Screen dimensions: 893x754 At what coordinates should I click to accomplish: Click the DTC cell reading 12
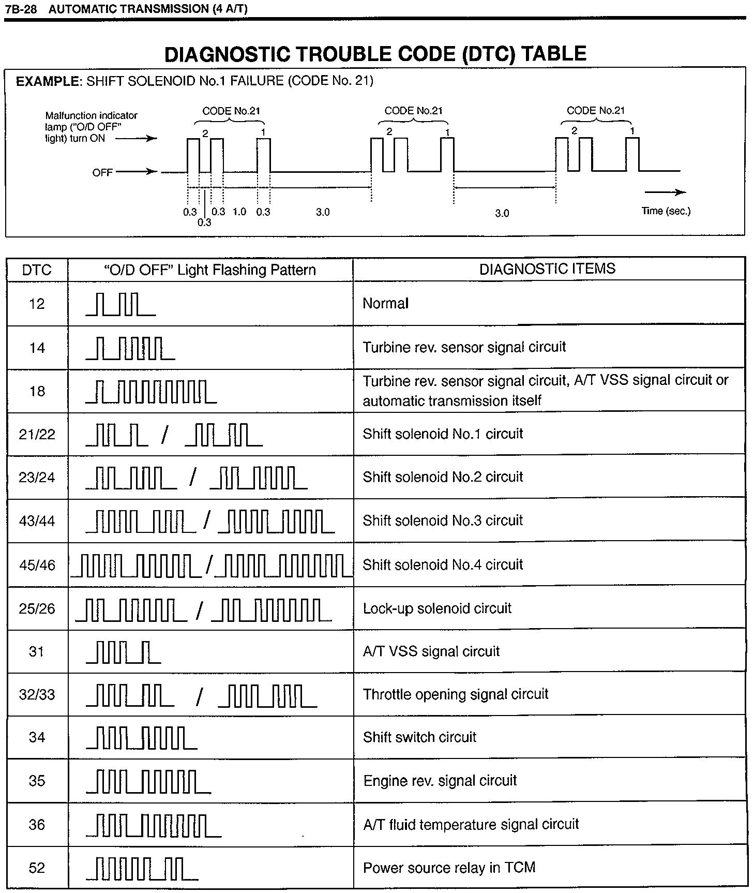click(37, 304)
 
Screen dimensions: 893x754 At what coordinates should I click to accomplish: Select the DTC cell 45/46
click(37, 565)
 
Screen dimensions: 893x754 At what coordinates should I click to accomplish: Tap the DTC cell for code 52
click(37, 868)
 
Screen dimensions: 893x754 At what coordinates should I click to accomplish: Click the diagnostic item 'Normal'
click(385, 303)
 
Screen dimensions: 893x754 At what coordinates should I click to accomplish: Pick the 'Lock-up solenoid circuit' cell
click(437, 608)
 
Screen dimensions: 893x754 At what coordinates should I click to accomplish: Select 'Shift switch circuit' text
click(419, 737)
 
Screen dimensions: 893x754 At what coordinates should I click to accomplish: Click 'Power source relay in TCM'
click(449, 868)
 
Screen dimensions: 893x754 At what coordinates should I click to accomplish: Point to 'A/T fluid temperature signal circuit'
click(471, 824)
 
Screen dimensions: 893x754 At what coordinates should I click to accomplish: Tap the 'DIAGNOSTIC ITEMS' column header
click(547, 269)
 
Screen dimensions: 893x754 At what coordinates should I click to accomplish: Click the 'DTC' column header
click(37, 270)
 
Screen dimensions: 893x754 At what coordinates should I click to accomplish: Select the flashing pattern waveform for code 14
click(130, 348)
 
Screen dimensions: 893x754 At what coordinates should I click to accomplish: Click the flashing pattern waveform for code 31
click(123, 652)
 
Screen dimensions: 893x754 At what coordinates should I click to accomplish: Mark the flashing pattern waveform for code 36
click(154, 825)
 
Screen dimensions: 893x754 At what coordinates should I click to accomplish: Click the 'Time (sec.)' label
click(666, 211)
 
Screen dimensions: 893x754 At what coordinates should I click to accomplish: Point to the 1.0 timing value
click(239, 212)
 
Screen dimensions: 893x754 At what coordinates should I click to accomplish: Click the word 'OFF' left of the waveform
click(102, 172)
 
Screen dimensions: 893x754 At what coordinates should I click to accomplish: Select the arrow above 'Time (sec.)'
click(665, 192)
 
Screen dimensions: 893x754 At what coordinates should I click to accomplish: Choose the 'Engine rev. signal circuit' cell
click(440, 781)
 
